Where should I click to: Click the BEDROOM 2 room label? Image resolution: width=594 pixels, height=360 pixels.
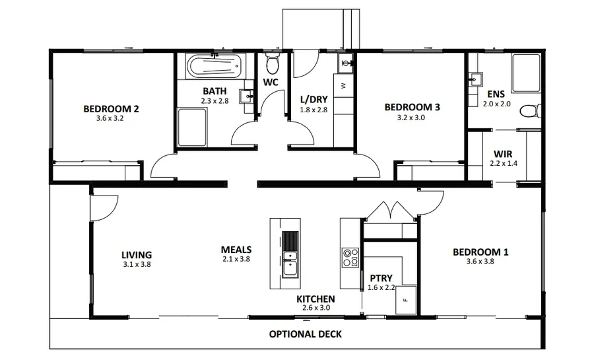tap(111, 109)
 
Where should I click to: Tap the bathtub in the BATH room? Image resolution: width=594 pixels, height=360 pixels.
tap(214, 67)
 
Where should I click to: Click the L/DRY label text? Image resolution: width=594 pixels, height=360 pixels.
tap(313, 100)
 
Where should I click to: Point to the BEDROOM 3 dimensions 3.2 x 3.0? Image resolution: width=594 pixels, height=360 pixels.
tap(412, 118)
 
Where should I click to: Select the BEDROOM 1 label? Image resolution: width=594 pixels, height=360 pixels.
tap(480, 252)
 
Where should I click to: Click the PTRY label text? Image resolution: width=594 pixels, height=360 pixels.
tap(381, 278)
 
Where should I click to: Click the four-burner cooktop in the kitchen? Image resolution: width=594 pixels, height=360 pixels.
tap(350, 258)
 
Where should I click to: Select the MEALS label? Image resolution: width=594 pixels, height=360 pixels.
tap(236, 250)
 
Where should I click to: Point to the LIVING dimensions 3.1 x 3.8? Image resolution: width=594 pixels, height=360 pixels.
tap(137, 264)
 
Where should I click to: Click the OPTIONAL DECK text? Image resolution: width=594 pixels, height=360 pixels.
tap(306, 334)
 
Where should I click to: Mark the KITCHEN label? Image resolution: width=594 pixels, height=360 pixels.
tap(315, 299)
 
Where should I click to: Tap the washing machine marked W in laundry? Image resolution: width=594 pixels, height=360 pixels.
tap(343, 86)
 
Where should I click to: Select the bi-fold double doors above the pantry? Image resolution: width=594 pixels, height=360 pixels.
tap(392, 210)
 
